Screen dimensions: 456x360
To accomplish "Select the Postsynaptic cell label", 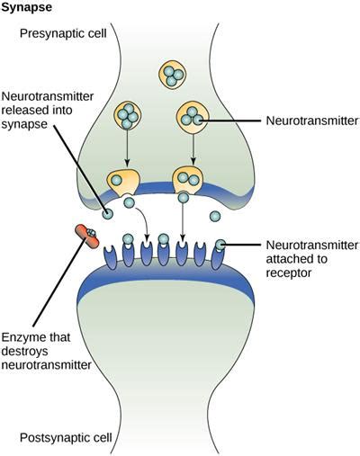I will pos(66,438).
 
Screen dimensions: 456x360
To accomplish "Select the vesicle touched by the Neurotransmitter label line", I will pos(193,117).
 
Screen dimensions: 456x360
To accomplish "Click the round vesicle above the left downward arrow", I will pos(129,115).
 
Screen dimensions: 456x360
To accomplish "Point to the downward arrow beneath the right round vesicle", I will pos(192,150).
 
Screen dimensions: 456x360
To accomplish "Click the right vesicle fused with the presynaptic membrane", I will pos(187,181).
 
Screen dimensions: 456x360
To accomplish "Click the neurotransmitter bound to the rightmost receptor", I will pos(220,244).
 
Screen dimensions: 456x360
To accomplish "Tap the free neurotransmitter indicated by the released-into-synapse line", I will pos(108,215).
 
